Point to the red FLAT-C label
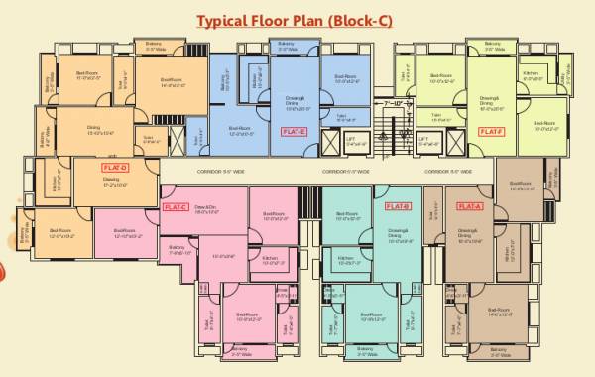point(173,207)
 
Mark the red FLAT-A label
point(469,205)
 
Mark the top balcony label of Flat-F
point(493,45)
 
